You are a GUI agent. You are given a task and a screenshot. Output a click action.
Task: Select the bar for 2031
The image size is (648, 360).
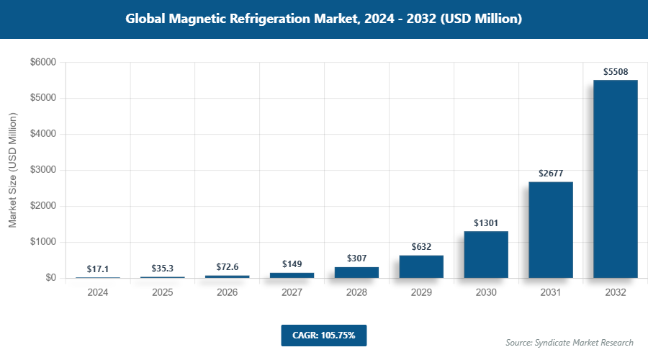click(551, 230)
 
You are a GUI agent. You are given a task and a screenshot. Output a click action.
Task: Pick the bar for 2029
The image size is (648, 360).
click(421, 266)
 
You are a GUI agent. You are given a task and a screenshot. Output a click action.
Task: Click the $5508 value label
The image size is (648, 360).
click(615, 71)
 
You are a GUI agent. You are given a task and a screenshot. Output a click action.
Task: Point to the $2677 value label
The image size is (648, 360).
click(551, 174)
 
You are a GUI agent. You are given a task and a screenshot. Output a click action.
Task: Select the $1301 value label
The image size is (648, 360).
click(486, 223)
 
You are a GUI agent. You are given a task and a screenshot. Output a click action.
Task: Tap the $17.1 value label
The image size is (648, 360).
click(98, 269)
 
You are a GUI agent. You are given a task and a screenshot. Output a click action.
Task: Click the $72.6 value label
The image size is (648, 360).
click(228, 267)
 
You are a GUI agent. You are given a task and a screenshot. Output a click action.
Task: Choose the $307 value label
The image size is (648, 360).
click(356, 258)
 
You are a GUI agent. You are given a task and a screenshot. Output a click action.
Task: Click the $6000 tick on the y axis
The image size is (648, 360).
click(42, 63)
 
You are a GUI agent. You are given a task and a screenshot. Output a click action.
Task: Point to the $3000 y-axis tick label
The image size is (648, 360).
click(42, 171)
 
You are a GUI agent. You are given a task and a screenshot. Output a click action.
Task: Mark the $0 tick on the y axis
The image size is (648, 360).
click(50, 278)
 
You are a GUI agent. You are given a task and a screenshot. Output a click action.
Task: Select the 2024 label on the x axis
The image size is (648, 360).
click(98, 293)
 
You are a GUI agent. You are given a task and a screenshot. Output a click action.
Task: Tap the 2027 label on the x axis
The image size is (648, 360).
click(292, 293)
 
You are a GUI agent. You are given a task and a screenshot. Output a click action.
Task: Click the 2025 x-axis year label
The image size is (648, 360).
click(163, 293)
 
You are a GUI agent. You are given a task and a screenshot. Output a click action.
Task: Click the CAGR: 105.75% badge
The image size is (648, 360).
click(324, 335)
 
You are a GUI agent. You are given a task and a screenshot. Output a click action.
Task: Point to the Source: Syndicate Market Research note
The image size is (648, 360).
click(570, 342)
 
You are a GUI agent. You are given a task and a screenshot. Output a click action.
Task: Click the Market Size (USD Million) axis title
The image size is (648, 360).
click(13, 170)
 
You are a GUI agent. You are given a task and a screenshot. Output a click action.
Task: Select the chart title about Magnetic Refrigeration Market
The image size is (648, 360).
click(324, 19)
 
